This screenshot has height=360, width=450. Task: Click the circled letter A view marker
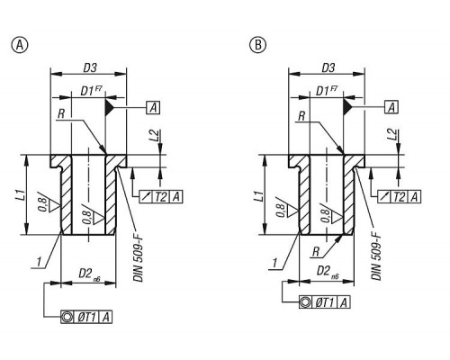click(x=20, y=45)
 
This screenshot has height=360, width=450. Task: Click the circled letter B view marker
click(x=257, y=45)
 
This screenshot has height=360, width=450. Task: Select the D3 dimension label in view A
click(x=90, y=67)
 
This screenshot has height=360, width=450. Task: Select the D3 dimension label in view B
click(x=328, y=67)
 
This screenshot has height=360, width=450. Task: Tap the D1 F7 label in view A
click(x=91, y=90)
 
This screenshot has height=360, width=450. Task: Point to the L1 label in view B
click(x=261, y=196)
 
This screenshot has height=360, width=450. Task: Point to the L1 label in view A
click(x=22, y=196)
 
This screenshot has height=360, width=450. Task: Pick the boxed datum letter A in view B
click(x=391, y=107)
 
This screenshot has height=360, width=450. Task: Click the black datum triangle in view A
click(x=109, y=107)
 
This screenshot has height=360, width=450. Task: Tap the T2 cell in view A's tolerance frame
click(x=161, y=197)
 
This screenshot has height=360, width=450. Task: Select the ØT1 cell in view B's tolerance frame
click(x=325, y=302)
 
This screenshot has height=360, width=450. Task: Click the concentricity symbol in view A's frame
click(x=67, y=317)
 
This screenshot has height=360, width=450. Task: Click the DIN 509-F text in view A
click(x=139, y=258)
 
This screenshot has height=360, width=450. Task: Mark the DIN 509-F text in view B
click(x=376, y=256)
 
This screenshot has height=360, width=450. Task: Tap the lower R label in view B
click(x=316, y=252)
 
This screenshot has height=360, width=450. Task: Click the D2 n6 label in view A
click(x=89, y=274)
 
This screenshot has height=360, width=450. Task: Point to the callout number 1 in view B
click(x=274, y=263)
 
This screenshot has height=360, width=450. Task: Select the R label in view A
click(x=61, y=113)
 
